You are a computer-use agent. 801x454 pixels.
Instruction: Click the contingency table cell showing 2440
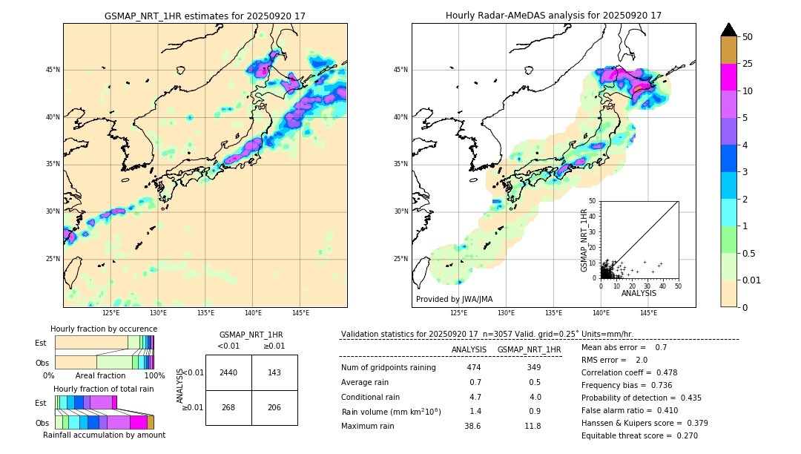[x=228, y=372]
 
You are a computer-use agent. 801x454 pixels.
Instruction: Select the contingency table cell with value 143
[x=274, y=372]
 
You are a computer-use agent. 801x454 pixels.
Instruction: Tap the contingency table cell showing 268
[x=228, y=407]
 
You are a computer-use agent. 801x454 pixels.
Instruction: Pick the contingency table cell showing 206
[x=274, y=407]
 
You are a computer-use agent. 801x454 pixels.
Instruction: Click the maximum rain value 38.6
[x=472, y=426]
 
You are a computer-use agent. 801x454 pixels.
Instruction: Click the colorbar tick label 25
[x=748, y=64]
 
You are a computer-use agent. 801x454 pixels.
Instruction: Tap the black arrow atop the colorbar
[x=729, y=30]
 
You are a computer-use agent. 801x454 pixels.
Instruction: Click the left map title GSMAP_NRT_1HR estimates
[x=205, y=16]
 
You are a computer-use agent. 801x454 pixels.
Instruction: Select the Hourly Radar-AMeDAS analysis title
[x=553, y=16]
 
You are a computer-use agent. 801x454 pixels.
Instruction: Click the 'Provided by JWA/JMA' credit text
[x=454, y=299]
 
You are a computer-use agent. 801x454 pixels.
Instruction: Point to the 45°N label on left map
[x=53, y=70]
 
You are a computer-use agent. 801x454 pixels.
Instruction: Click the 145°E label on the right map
[x=648, y=313]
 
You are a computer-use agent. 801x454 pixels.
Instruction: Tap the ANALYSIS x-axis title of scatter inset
[x=639, y=293]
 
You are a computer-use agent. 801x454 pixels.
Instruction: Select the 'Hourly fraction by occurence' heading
[x=104, y=329]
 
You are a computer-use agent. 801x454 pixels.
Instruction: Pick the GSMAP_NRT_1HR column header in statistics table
[x=529, y=349]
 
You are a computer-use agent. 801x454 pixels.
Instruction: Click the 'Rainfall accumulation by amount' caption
[x=104, y=435]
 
